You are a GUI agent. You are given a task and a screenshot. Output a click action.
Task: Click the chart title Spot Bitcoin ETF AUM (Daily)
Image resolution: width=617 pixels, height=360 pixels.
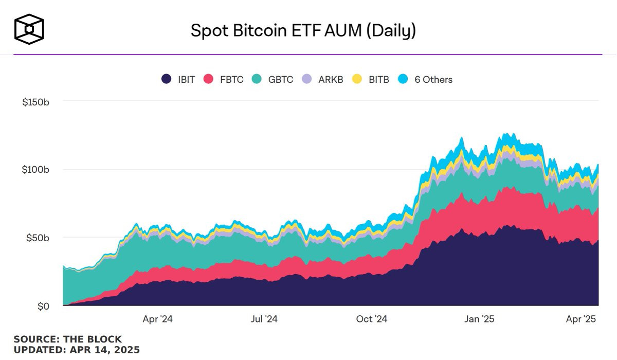(x=303, y=30)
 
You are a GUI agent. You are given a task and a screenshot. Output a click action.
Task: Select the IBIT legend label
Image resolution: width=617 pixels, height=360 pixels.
(x=186, y=80)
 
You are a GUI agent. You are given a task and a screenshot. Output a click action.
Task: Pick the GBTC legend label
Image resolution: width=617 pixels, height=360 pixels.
(x=281, y=80)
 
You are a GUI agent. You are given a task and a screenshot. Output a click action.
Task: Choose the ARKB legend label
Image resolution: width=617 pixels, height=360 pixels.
(x=331, y=80)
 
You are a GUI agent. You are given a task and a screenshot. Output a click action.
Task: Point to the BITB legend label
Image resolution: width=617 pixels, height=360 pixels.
(x=379, y=80)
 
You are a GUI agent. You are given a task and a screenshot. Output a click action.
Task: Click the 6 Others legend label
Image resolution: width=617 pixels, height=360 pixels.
(x=433, y=80)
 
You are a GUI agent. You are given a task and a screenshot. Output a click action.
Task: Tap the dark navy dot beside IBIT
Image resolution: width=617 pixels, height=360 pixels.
(x=166, y=79)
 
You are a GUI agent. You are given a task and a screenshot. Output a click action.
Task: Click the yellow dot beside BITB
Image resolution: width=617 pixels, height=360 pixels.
(x=357, y=79)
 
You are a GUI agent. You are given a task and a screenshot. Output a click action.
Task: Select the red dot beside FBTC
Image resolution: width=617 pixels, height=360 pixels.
(x=208, y=79)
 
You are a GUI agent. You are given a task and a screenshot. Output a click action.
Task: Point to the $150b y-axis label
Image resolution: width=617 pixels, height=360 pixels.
(x=35, y=102)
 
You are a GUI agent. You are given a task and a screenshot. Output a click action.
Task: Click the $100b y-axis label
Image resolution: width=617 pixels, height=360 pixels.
(x=35, y=170)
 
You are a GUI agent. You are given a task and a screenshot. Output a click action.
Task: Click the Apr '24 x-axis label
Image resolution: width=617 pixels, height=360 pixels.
(x=158, y=319)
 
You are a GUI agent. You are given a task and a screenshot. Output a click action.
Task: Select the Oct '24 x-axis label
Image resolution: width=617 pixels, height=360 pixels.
(x=371, y=319)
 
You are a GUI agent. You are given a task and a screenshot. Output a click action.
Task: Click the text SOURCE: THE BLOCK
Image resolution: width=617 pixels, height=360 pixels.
(x=68, y=339)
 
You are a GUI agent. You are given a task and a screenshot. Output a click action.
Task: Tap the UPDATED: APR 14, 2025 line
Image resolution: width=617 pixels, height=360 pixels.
(x=77, y=350)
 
